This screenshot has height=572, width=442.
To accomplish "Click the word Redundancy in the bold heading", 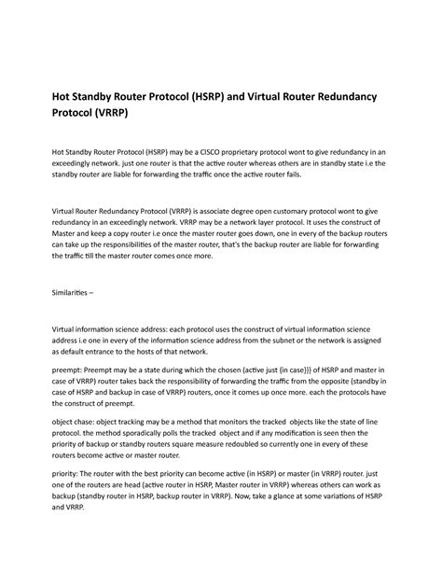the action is [361, 96].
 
